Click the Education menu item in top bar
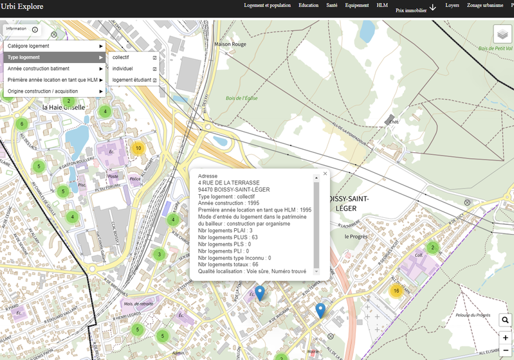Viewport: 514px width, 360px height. point(308,5)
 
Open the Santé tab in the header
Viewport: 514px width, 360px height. point(331,5)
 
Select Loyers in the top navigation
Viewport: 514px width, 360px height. point(452,5)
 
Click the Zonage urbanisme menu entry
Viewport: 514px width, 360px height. point(485,5)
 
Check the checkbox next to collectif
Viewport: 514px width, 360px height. point(155,58)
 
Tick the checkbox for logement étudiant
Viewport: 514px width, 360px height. point(155,80)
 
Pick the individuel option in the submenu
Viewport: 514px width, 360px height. point(123,69)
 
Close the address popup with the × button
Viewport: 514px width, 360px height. point(325,174)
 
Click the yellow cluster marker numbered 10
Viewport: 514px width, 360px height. point(137,148)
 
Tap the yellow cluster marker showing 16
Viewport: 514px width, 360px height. point(396,291)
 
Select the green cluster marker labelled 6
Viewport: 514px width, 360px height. point(22,124)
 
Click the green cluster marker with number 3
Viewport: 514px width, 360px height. point(159,255)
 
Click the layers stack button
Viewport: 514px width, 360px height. point(502,35)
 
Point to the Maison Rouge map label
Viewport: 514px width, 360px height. point(230,44)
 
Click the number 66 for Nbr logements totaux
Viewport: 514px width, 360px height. point(255,264)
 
